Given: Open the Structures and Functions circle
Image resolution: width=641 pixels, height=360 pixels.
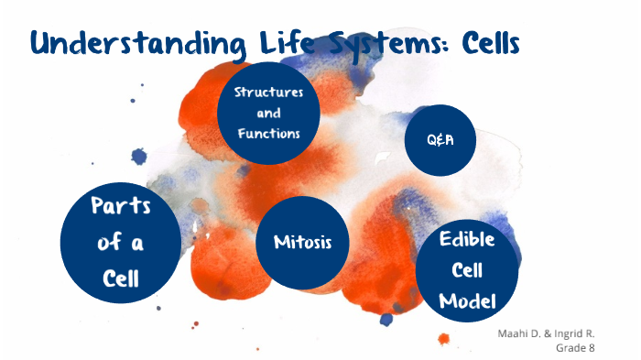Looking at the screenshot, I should [268, 113].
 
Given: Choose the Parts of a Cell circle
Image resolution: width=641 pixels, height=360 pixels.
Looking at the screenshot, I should [120, 241].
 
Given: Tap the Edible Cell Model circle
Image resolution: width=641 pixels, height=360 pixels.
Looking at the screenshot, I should [467, 270].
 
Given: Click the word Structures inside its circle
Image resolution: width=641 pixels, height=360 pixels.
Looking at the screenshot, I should [268, 93].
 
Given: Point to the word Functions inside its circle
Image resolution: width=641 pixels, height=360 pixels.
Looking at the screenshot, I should [268, 134].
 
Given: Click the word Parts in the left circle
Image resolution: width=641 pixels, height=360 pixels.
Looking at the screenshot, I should [120, 206].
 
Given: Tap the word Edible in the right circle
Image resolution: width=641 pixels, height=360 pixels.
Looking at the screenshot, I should [467, 240].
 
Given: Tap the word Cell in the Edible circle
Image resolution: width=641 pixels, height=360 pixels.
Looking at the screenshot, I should [467, 271].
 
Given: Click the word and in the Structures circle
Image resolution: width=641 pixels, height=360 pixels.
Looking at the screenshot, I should [268, 114].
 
